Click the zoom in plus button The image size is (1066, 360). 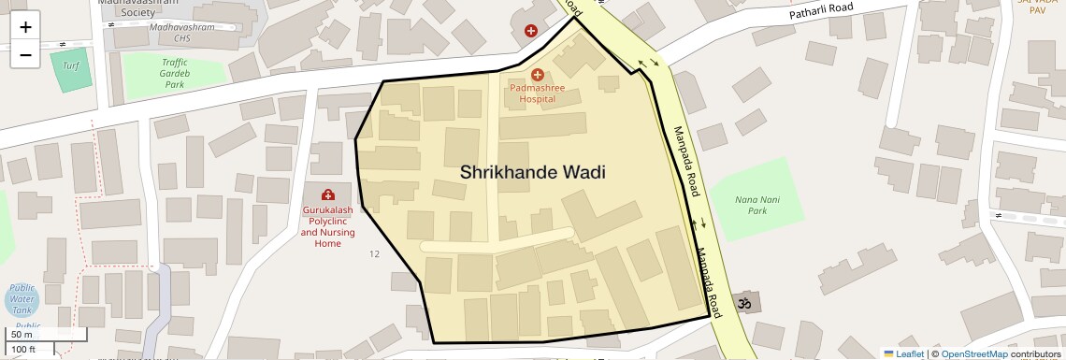[x=25, y=27]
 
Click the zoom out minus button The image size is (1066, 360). [x=25, y=55]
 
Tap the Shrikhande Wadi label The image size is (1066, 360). [x=532, y=173]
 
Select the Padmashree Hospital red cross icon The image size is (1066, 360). [x=537, y=75]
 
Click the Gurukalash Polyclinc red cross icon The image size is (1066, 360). [x=328, y=194]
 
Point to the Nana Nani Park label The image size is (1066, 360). [x=756, y=205]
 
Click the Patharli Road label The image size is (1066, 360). [x=822, y=11]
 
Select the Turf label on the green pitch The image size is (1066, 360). [x=71, y=65]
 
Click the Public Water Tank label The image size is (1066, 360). [x=22, y=299]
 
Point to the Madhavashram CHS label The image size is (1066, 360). [x=182, y=27]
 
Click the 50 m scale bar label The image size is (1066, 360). [x=22, y=334]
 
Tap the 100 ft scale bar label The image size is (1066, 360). [x=23, y=350]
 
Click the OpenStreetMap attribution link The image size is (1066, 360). [x=973, y=353]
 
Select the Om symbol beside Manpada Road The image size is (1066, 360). [x=745, y=303]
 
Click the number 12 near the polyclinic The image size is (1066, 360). [x=375, y=253]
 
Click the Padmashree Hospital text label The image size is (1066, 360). [x=537, y=93]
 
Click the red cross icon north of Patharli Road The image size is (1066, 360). [x=531, y=31]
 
